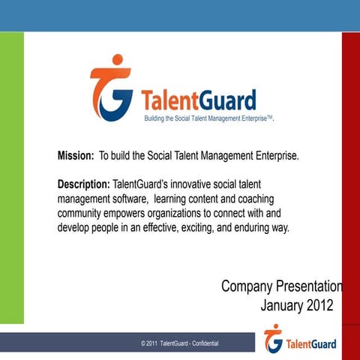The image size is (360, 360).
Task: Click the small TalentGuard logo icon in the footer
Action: tap(274, 339)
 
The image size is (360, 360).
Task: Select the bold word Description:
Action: tap(83, 184)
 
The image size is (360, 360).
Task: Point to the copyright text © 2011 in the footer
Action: tap(149, 343)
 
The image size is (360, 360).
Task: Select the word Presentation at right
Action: tap(310, 286)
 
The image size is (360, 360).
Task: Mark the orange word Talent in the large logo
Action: tap(168, 100)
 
